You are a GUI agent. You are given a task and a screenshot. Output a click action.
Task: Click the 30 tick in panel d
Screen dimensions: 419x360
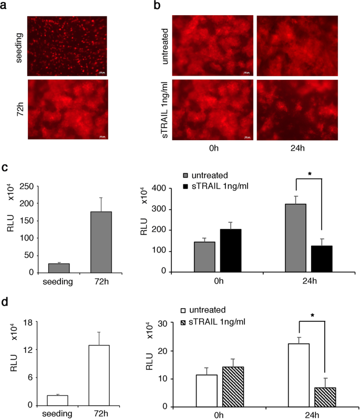tap(169, 323)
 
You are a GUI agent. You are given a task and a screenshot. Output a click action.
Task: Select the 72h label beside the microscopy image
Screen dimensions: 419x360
tap(19, 109)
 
